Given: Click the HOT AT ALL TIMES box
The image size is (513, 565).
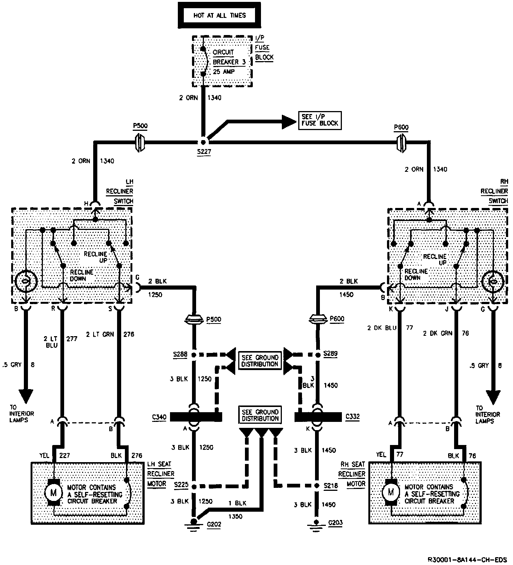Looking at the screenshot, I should click(220, 16).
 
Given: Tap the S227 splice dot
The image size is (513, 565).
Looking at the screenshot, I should click(204, 142).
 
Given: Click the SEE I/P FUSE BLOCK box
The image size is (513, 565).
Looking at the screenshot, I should click(320, 120).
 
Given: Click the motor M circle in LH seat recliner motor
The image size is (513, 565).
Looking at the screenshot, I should click(53, 493).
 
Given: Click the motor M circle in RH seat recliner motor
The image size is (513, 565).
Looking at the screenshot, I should click(391, 492).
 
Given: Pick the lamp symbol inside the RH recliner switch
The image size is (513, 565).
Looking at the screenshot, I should click(493, 281).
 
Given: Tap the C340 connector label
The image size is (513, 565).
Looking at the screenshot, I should click(159, 417).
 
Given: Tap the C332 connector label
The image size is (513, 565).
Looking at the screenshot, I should click(353, 416).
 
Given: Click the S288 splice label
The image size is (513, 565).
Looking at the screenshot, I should click(180, 354).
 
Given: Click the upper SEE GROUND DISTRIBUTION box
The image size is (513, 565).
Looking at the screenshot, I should click(260, 361).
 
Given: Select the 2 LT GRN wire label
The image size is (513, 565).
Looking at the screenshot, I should click(100, 334).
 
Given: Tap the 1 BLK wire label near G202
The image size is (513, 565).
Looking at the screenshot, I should click(237, 503).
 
